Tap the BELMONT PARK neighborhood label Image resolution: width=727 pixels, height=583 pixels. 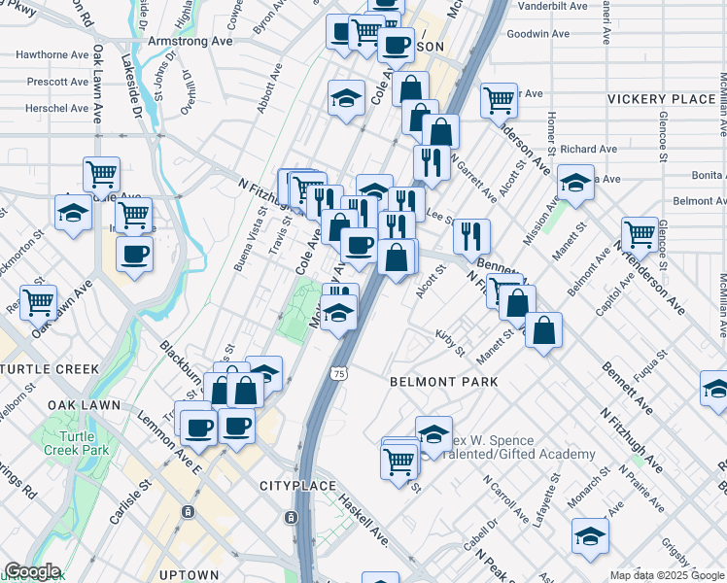point(443,382)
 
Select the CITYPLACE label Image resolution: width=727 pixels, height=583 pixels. point(297,486)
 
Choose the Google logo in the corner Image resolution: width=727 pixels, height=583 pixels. point(32,572)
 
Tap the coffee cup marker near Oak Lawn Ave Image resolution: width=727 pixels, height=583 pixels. point(134,255)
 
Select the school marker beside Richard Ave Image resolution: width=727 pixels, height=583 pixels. point(575,182)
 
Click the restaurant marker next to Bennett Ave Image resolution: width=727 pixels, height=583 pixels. point(470,234)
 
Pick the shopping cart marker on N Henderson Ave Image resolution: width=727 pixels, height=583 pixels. point(640,232)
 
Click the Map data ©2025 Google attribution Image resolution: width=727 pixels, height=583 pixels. point(667,575)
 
